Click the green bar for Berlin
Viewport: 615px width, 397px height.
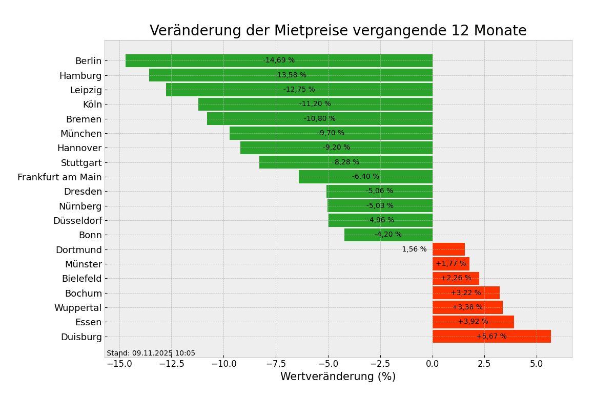click(205, 61)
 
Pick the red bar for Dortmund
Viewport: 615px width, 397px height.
click(448, 249)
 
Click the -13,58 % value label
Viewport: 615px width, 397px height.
click(290, 75)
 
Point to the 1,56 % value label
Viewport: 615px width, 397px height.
click(414, 249)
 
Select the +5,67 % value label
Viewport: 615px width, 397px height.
click(491, 337)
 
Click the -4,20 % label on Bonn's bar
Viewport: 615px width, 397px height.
click(388, 235)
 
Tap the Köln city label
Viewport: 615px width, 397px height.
click(92, 105)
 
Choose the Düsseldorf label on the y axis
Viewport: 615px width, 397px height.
click(77, 221)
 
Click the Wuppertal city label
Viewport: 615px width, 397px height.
click(78, 308)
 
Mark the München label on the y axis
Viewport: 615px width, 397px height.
click(81, 134)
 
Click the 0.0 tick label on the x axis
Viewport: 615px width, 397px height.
click(433, 364)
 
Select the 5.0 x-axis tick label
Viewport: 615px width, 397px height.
click(537, 364)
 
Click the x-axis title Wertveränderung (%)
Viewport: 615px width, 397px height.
click(338, 377)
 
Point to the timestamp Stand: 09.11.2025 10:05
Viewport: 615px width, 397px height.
click(151, 353)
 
